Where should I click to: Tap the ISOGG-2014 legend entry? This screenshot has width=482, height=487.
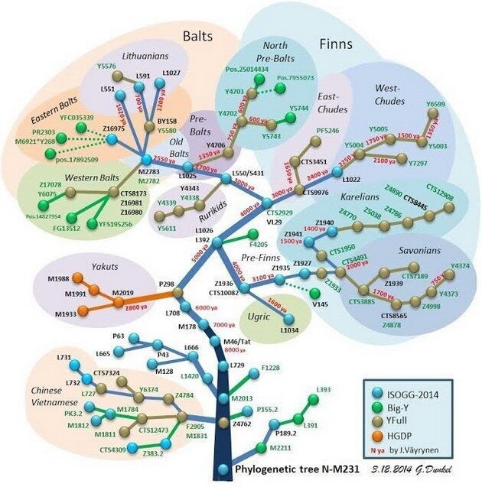[x=415, y=391]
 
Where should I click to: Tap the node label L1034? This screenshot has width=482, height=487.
[x=287, y=330]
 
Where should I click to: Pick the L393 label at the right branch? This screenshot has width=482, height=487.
[x=324, y=390]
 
